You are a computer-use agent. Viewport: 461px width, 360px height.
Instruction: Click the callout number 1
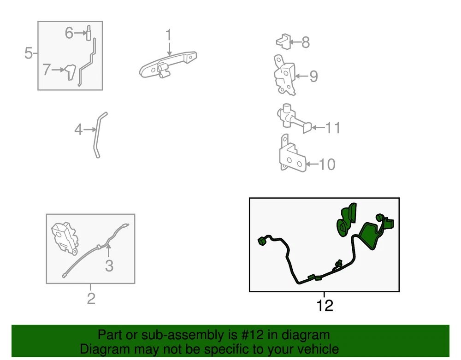pyautogui.click(x=168, y=35)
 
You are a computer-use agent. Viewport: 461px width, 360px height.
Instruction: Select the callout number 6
pyautogui.click(x=69, y=33)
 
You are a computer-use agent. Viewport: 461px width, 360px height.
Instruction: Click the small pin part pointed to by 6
pyautogui.click(x=88, y=33)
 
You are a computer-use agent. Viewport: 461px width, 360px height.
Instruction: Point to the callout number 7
pyautogui.click(x=47, y=70)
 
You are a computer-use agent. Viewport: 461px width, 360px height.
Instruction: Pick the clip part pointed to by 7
pyautogui.click(x=70, y=72)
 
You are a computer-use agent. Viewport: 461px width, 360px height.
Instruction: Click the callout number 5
pyautogui.click(x=28, y=53)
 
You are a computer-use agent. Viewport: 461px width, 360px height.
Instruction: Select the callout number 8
pyautogui.click(x=306, y=42)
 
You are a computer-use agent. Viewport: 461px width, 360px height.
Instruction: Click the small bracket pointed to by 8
pyautogui.click(x=284, y=41)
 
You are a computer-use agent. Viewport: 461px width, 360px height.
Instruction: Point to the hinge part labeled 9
pyautogui.click(x=284, y=75)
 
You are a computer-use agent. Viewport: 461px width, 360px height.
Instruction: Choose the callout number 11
pyautogui.click(x=333, y=128)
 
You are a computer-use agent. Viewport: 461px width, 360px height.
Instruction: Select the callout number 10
pyautogui.click(x=327, y=164)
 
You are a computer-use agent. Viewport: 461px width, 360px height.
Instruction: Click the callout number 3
pyautogui.click(x=109, y=266)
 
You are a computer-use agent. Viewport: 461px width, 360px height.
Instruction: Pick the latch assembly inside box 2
pyautogui.click(x=65, y=238)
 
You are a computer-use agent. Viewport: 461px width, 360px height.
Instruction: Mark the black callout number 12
pyautogui.click(x=325, y=306)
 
